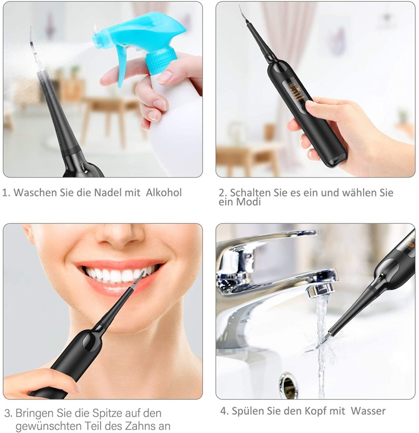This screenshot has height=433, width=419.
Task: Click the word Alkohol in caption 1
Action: click(164, 192)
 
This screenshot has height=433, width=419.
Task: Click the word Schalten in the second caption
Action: click(250, 192)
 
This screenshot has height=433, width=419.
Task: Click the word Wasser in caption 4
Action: click(368, 411)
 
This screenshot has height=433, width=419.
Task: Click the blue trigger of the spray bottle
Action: click(123, 66)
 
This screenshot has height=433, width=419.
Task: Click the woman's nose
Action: click(122, 235)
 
